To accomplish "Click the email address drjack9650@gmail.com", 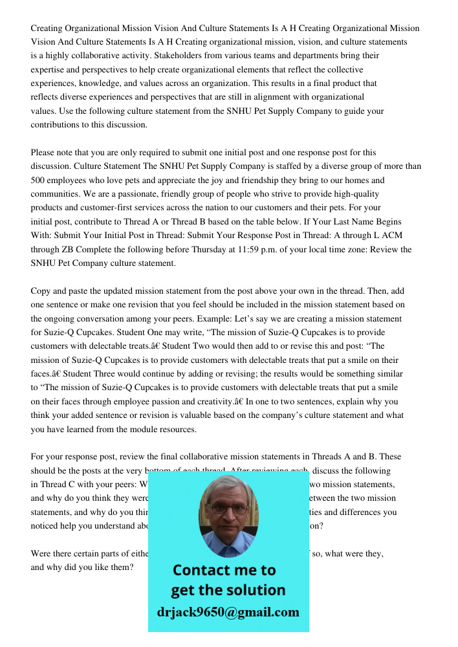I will click(228, 612).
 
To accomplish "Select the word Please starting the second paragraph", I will click(44, 153).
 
